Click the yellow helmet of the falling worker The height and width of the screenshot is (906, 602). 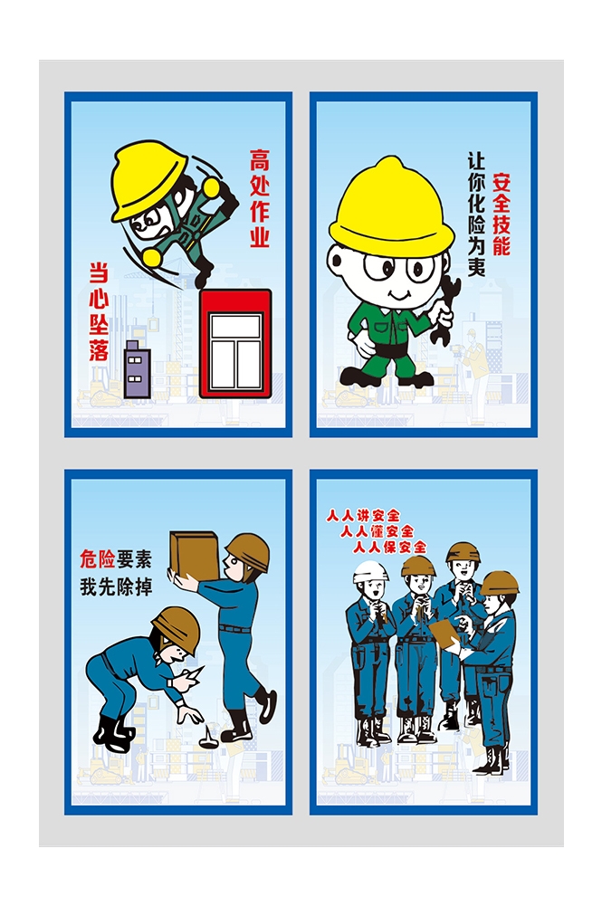tap(148, 179)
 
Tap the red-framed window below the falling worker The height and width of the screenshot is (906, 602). tap(235, 344)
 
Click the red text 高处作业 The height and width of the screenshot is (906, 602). tap(260, 198)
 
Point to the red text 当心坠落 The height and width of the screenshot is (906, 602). tap(99, 311)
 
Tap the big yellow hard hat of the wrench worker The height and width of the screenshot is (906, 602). tap(391, 208)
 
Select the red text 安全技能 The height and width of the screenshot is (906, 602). tap(501, 215)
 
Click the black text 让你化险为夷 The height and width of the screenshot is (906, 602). tap(477, 214)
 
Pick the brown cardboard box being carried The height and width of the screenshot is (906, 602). tap(194, 556)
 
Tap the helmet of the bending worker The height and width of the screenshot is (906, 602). tap(177, 629)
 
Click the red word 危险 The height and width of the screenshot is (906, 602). tap(97, 559)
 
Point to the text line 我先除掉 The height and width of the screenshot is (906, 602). tap(116, 587)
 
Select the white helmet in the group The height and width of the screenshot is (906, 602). tap(369, 571)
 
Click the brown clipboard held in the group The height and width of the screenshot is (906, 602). tap(445, 634)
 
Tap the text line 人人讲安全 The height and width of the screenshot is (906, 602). tap(363, 515)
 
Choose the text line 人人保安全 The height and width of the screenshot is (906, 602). tap(390, 547)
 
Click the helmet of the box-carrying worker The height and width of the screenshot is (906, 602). tap(248, 550)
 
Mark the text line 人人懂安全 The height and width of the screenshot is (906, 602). tap(377, 530)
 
